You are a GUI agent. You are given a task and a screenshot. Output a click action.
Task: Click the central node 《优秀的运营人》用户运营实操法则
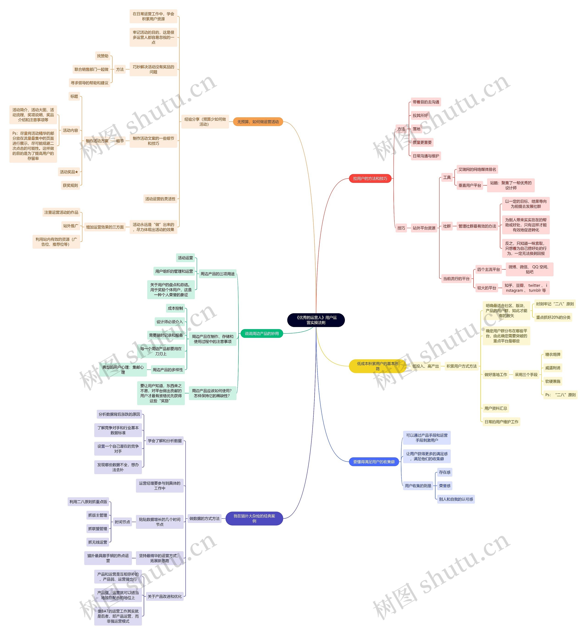316,320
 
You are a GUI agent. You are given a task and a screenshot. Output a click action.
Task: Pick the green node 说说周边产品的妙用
261,333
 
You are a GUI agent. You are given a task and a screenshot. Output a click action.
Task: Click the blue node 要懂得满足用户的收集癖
374,462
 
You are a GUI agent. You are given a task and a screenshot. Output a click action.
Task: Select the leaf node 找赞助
102,56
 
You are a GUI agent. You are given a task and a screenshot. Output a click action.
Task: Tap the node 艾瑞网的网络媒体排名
477,170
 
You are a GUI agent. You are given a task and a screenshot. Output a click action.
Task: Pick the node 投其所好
420,115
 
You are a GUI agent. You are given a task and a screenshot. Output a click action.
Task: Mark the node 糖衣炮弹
552,355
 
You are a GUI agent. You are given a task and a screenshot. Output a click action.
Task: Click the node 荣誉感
444,486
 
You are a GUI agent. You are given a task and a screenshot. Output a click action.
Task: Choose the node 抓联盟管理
97,529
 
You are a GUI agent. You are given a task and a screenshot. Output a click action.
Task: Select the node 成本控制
175,308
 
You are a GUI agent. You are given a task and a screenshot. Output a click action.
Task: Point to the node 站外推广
71,226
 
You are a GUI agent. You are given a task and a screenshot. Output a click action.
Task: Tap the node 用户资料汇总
496,408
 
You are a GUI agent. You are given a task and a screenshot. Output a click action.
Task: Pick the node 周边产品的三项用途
217,274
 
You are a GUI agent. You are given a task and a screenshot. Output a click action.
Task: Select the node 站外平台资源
424,228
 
